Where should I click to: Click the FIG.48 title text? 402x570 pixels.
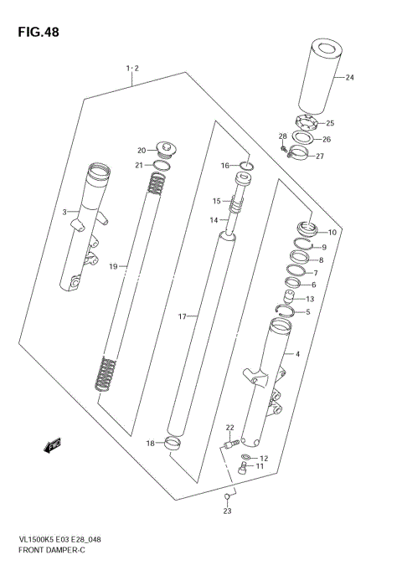[x=35, y=33]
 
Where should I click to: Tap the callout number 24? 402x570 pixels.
[x=349, y=78]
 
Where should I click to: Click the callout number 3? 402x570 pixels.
[x=64, y=213]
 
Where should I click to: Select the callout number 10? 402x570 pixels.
[x=332, y=232]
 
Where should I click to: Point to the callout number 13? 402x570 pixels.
[x=310, y=299]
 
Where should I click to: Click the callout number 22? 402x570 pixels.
[x=229, y=427]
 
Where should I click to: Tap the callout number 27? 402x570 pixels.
[x=319, y=156]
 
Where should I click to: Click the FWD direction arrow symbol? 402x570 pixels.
[x=53, y=445]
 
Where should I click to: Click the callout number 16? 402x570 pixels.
[x=224, y=166]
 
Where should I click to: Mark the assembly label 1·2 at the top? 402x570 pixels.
[x=131, y=68]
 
